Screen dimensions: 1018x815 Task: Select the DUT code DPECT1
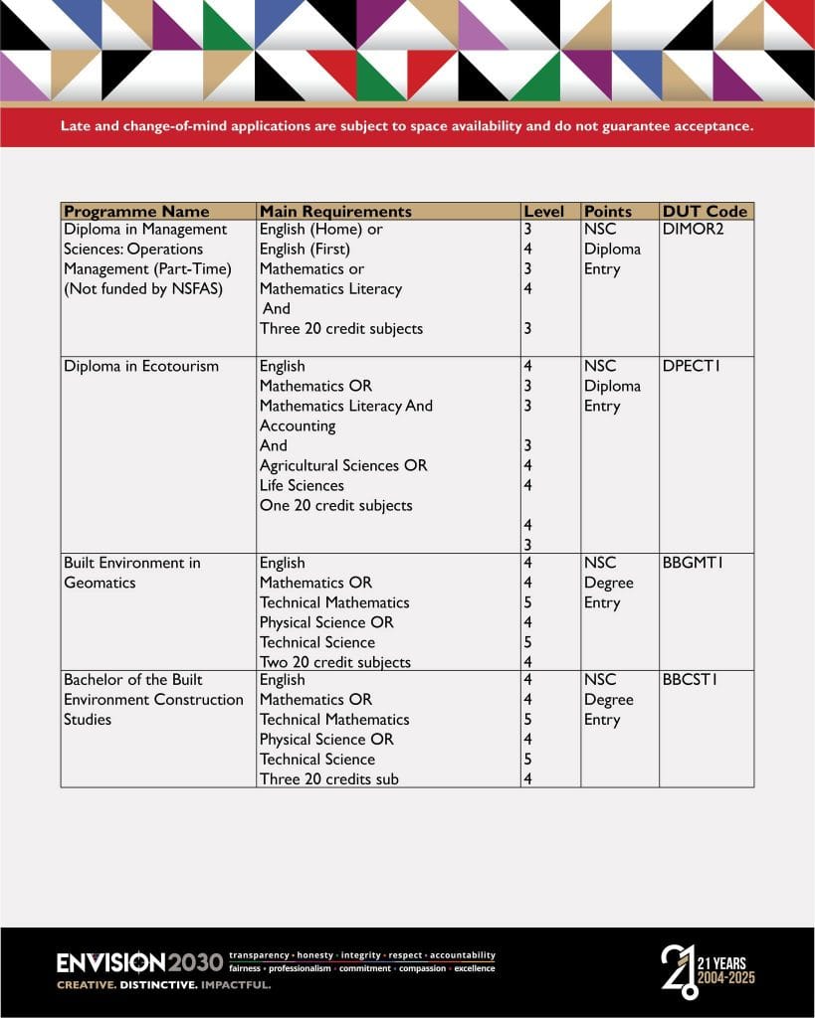[x=691, y=366]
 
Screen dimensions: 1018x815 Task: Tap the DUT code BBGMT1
[x=692, y=563]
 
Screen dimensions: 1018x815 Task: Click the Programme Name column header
[x=136, y=211]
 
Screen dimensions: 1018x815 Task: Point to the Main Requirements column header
[x=335, y=211]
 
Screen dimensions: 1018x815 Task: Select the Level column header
[x=543, y=212]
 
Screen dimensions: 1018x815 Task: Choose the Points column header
[x=608, y=212]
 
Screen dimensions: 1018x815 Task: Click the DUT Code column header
[x=705, y=211]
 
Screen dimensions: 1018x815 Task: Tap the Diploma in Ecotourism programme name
[x=141, y=366]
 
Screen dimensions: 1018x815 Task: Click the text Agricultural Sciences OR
[x=342, y=465]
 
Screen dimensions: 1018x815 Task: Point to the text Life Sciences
[x=302, y=485]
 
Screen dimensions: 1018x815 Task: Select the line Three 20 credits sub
[x=328, y=779]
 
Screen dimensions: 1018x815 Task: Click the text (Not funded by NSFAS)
[x=143, y=289]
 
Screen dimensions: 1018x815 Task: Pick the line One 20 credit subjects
[x=335, y=505]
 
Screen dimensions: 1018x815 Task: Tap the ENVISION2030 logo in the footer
[x=139, y=962]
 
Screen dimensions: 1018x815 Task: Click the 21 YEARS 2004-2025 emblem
[x=708, y=970]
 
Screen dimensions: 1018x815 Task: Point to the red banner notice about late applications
[x=407, y=126]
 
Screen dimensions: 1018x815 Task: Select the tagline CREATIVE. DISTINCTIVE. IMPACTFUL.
[x=163, y=985]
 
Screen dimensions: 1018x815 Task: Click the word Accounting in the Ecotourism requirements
[x=298, y=425]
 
